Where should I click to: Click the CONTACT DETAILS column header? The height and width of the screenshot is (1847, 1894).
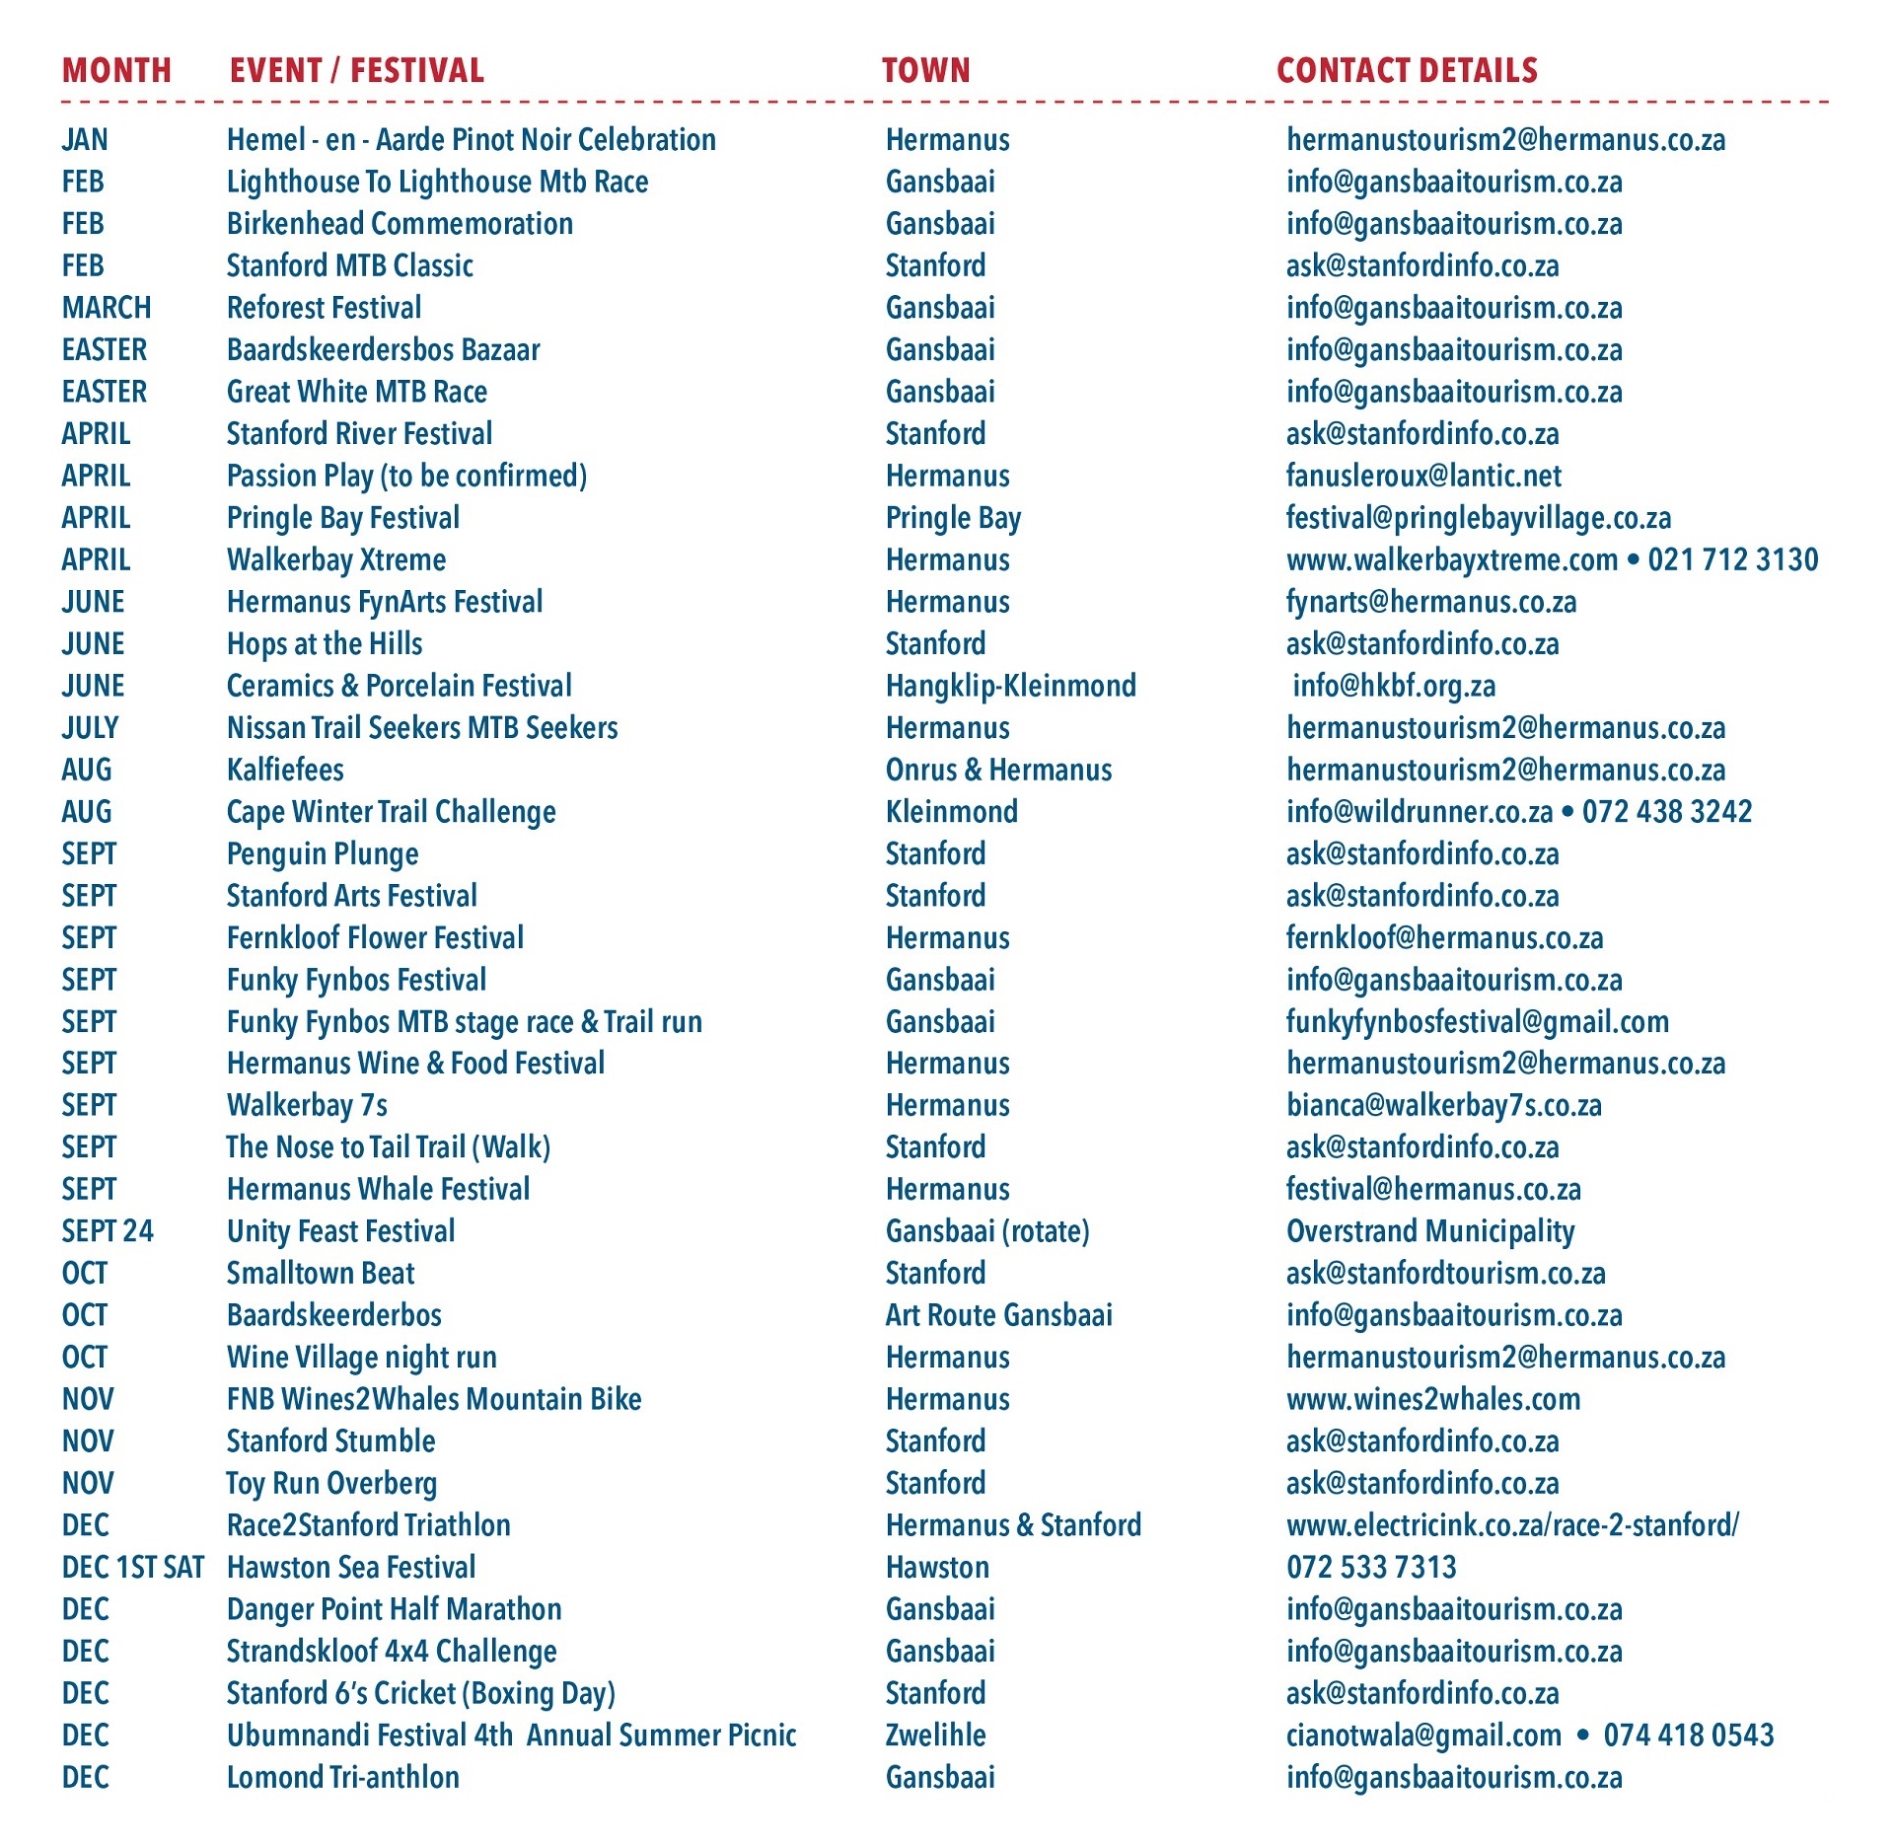(1407, 70)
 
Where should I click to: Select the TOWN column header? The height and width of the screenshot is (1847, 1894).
(925, 70)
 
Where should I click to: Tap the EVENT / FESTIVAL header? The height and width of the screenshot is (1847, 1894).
(356, 70)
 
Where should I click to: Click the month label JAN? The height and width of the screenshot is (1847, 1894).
(85, 140)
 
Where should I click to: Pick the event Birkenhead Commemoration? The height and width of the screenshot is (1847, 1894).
(400, 224)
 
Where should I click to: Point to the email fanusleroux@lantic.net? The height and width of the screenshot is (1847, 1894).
(1423, 477)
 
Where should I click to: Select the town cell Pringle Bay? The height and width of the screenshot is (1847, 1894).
(953, 518)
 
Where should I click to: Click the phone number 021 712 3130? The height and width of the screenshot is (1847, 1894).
(1732, 560)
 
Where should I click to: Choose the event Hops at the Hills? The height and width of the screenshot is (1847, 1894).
(325, 644)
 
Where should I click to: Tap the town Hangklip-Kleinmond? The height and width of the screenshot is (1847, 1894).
(1010, 686)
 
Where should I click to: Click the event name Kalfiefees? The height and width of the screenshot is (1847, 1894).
(285, 770)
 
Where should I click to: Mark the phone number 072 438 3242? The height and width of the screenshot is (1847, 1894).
(1667, 812)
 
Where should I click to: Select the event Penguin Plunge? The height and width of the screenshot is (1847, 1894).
(323, 854)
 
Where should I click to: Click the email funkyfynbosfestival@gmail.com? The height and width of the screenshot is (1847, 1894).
(1477, 1022)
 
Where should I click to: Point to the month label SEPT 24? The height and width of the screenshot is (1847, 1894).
(108, 1231)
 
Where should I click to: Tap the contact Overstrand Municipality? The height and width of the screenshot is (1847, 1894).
(1429, 1231)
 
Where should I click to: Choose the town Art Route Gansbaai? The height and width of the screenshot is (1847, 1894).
(998, 1315)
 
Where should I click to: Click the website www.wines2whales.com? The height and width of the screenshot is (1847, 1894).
(1432, 1399)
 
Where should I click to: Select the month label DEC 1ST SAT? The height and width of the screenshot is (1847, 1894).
(132, 1568)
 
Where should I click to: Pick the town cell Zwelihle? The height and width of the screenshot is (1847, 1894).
(935, 1736)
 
